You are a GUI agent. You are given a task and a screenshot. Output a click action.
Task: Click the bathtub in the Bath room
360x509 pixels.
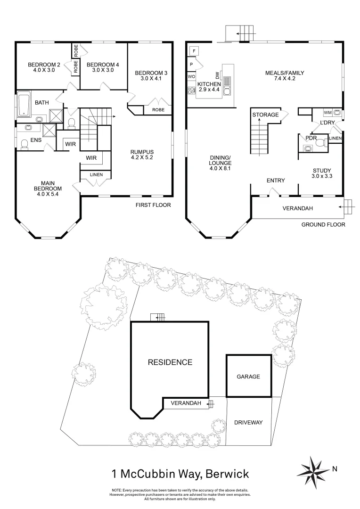(23, 105)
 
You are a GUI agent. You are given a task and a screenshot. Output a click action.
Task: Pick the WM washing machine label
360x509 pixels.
(327, 113)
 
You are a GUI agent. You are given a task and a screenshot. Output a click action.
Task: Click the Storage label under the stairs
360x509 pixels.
(265, 115)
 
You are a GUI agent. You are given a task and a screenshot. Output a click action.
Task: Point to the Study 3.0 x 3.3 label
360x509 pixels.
(321, 173)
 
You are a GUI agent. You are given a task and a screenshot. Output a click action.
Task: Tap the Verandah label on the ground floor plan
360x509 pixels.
(298, 208)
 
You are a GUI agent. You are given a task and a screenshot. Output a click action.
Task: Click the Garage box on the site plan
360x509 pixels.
(248, 377)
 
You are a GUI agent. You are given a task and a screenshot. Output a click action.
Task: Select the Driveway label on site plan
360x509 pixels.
(248, 422)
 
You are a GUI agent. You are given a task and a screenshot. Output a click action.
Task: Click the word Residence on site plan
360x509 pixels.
(170, 362)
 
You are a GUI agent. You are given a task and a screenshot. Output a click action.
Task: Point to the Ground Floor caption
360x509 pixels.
(323, 225)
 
